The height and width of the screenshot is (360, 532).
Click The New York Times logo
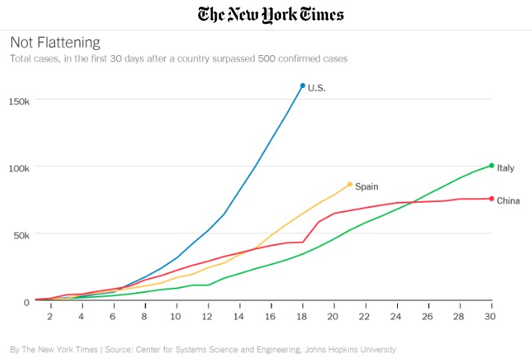click(270, 14)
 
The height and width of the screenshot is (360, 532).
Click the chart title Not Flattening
click(54, 42)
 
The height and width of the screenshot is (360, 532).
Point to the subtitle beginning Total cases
click(178, 58)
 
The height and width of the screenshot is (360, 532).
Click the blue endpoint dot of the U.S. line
click(303, 86)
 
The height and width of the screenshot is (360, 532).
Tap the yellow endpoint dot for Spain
click(349, 184)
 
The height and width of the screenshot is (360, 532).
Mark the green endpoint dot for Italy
click(491, 165)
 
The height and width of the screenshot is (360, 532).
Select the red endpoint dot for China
click(491, 199)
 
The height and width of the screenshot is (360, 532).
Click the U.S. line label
click(317, 88)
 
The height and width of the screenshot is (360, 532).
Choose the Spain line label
click(367, 186)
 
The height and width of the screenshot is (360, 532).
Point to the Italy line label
click(506, 168)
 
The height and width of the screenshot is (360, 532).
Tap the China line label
click(508, 200)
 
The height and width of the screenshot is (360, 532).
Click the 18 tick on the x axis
click(302, 316)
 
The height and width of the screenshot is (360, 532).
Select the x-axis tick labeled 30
click(491, 316)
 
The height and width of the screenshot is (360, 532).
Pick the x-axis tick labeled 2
click(50, 316)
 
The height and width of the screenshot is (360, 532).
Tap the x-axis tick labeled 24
click(396, 316)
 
